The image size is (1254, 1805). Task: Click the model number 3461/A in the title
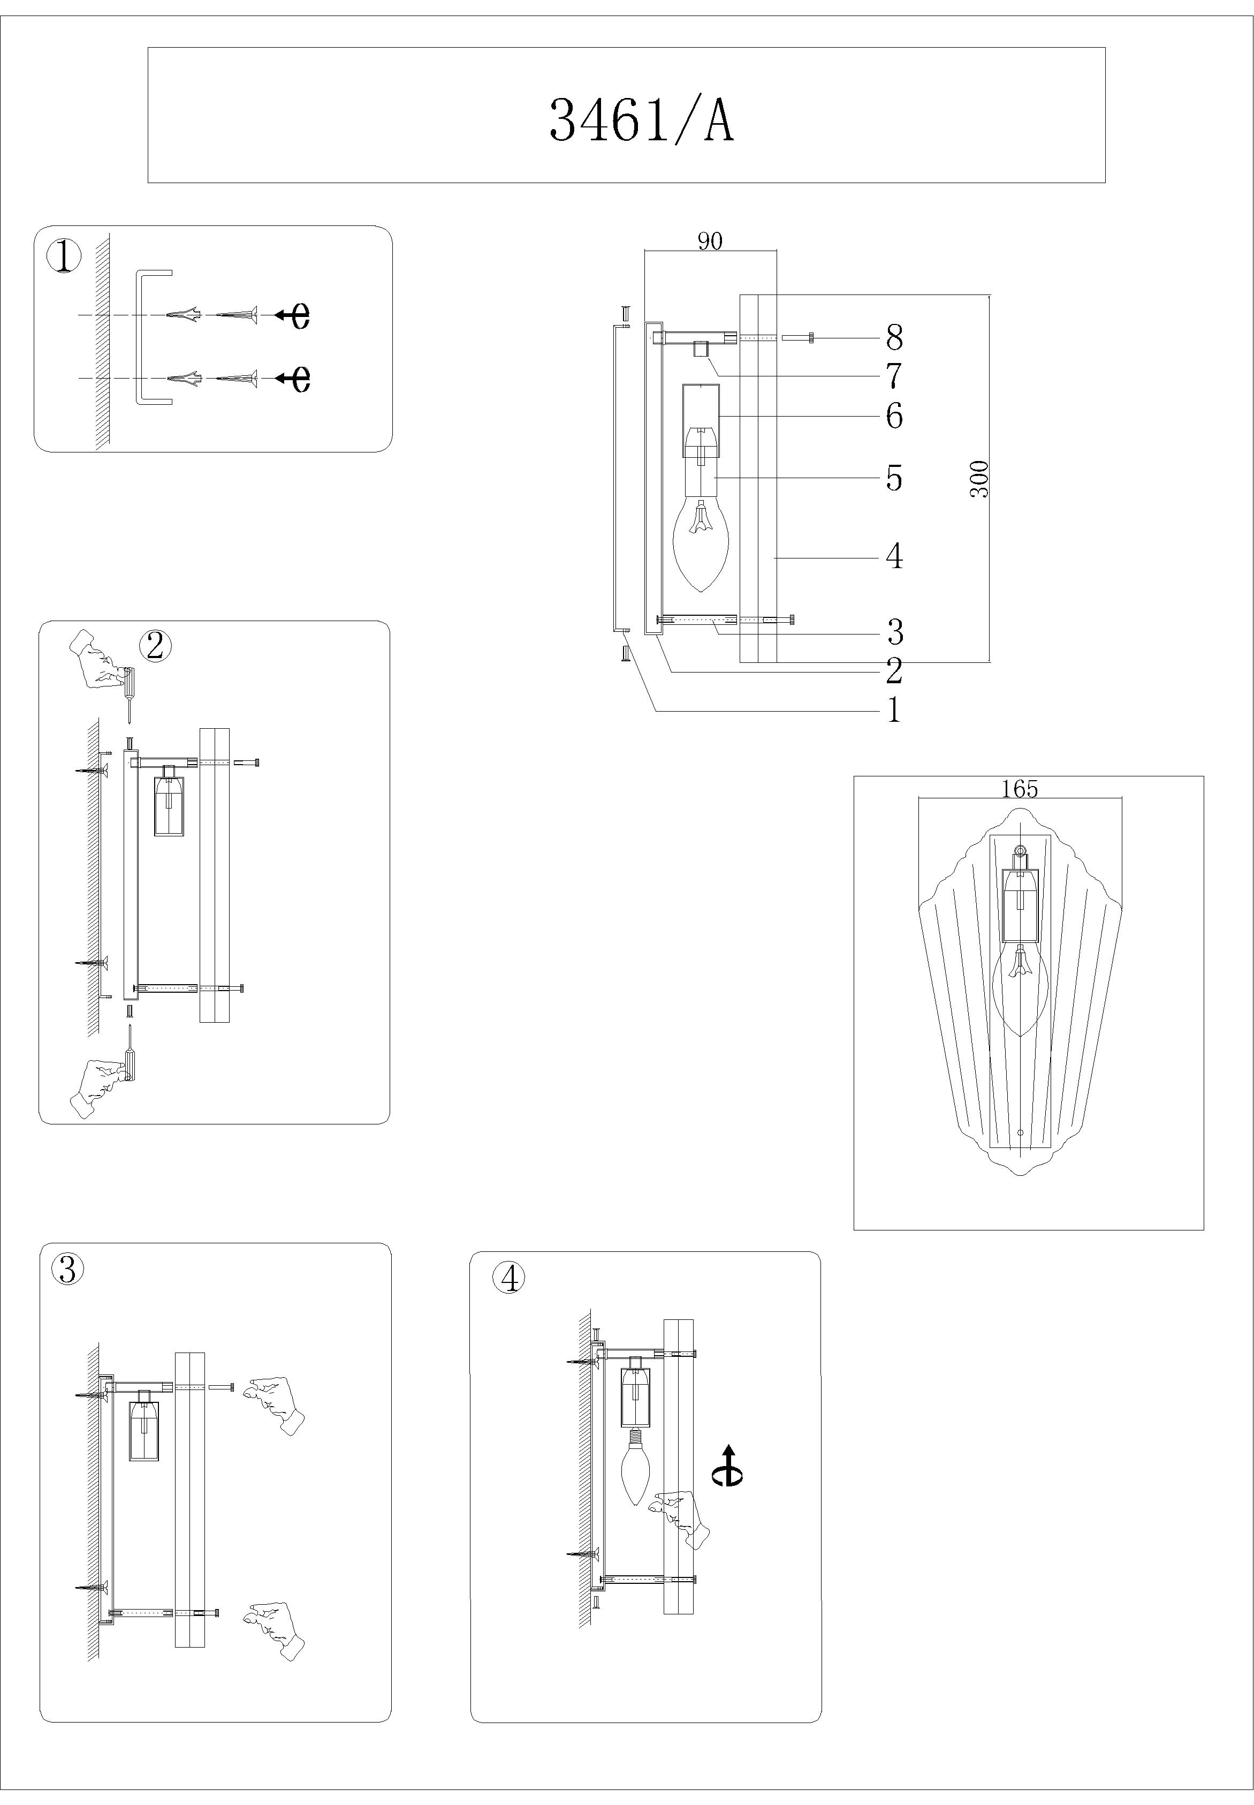(x=641, y=120)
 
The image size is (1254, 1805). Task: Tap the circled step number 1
(x=64, y=256)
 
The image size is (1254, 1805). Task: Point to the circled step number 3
(x=67, y=1269)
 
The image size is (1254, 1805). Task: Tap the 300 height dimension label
(x=979, y=479)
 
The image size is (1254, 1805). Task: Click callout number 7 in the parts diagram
(x=894, y=376)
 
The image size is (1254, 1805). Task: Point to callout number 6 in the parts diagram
(x=894, y=416)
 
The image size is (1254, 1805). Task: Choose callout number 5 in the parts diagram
(x=894, y=478)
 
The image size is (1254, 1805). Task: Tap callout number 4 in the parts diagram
(x=894, y=556)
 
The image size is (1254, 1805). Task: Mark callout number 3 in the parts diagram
(x=894, y=631)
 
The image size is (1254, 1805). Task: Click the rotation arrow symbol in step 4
(x=728, y=1466)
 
